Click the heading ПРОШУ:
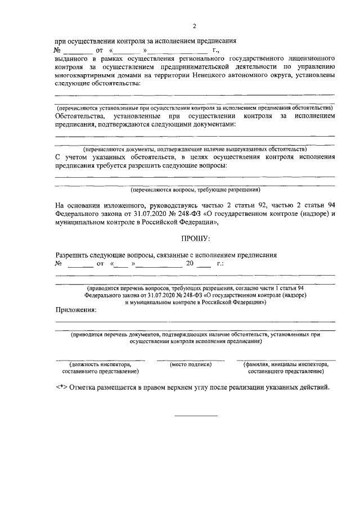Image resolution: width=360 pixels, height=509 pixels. point(195,240)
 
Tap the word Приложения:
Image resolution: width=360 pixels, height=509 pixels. point(75,309)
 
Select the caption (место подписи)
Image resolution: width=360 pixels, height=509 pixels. point(191,364)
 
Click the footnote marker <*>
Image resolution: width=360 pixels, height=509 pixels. point(62,389)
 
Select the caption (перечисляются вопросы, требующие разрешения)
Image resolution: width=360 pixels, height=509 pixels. point(195,190)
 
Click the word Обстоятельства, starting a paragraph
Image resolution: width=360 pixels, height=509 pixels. point(81,116)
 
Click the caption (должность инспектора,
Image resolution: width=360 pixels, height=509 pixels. point(100,364)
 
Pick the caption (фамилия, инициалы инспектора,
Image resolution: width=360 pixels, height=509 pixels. point(286,364)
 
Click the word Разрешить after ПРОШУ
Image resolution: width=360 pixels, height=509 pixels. point(73,255)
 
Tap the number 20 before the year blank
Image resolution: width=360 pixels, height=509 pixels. point(190,263)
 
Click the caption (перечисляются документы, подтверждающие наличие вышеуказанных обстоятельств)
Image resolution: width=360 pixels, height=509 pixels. point(195,149)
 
